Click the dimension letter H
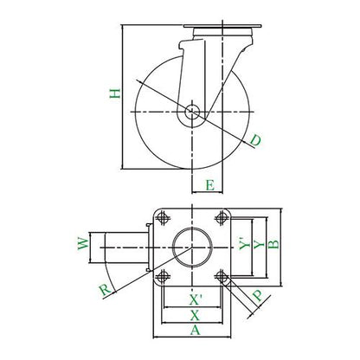(115, 93)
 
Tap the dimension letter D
(255, 140)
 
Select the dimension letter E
(210, 185)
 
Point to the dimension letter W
(83, 244)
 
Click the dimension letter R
(105, 289)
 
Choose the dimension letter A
(195, 330)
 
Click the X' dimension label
(195, 300)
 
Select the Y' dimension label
(245, 244)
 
